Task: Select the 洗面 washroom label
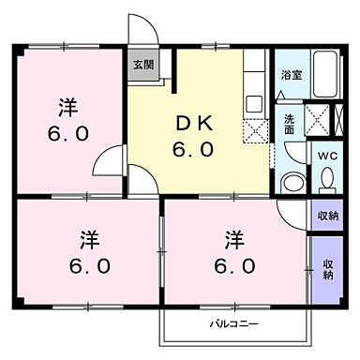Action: click(x=290, y=125)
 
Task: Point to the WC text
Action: click(x=327, y=156)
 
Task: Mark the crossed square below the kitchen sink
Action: click(x=255, y=129)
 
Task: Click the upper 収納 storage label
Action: click(x=327, y=216)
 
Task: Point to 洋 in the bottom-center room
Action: click(x=233, y=238)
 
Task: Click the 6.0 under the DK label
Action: click(x=191, y=149)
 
